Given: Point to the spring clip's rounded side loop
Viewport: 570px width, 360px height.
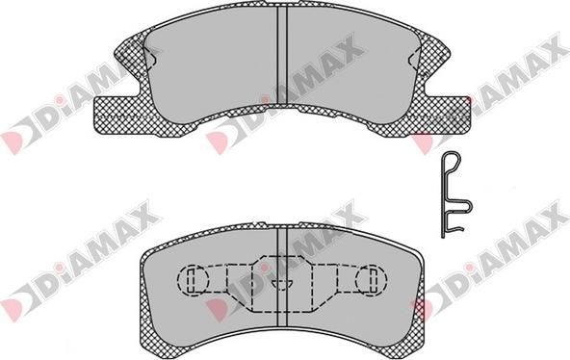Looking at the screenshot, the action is (469, 206).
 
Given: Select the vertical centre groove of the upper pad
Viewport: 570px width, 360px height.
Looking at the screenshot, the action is (282, 55).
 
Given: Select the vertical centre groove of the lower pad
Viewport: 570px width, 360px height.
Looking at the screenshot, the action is (282, 277).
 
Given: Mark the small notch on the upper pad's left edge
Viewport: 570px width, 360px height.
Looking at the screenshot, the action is (152, 58).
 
